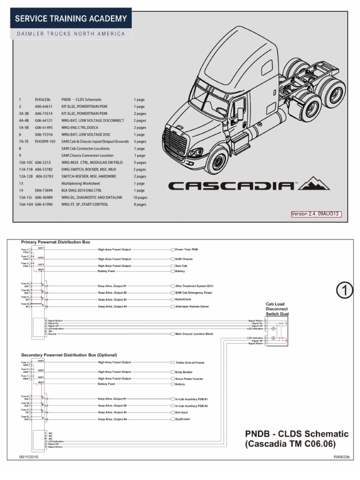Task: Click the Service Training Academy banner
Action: pyautogui.click(x=72, y=19)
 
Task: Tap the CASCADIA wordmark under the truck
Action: pyautogui.click(x=232, y=186)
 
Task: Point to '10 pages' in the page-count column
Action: pyautogui.click(x=141, y=197)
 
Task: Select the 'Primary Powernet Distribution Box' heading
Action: pyautogui.click(x=55, y=242)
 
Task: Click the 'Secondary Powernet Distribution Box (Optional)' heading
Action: pyautogui.click(x=69, y=355)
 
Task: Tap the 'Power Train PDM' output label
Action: pyautogui.click(x=187, y=250)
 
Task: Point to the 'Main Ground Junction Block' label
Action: pyautogui.click(x=194, y=334)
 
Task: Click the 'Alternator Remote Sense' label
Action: pyautogui.click(x=192, y=307)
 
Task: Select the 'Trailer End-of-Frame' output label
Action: pyautogui.click(x=190, y=362)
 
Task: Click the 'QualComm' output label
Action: pyautogui.click(x=183, y=420)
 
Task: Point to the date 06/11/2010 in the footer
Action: pyautogui.click(x=29, y=457)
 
